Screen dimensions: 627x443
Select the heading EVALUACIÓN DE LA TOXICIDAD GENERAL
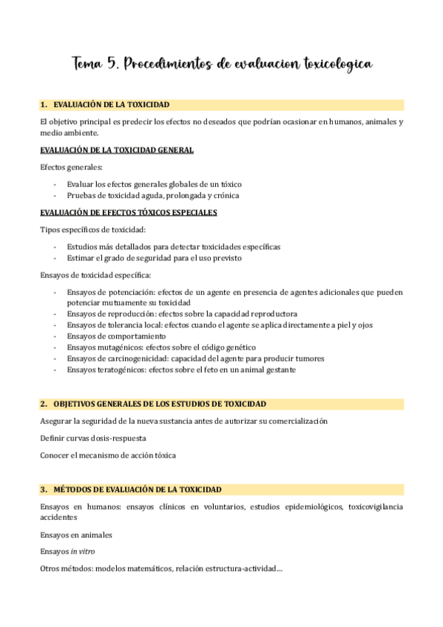pyautogui.click(x=117, y=150)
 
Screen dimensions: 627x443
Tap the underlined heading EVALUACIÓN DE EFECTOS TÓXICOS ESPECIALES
pyautogui.click(x=129, y=213)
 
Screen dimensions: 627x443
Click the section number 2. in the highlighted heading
pyautogui.click(x=44, y=404)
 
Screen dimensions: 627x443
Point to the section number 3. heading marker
pyautogui.click(x=44, y=489)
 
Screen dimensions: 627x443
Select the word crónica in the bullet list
pyautogui.click(x=225, y=195)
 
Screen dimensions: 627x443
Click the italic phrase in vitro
pyautogui.click(x=83, y=552)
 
